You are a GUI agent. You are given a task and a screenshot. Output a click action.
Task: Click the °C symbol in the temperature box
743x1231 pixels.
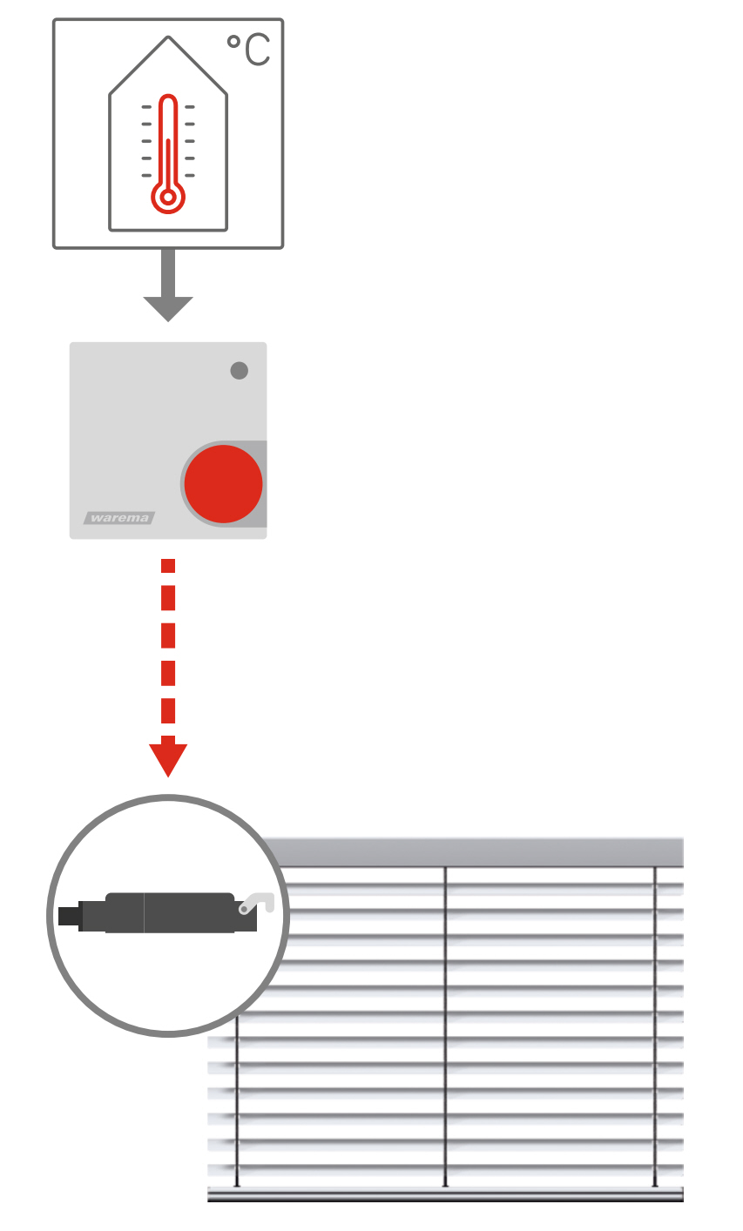pyautogui.click(x=248, y=50)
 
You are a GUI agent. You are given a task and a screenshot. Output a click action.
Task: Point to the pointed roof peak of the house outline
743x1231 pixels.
pyautogui.click(x=168, y=37)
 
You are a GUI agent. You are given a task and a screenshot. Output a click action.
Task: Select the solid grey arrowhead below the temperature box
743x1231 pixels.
pyautogui.click(x=168, y=308)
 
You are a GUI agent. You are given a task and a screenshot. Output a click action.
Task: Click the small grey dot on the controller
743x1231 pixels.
pyautogui.click(x=240, y=370)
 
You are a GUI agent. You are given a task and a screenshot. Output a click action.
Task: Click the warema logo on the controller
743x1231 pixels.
pyautogui.click(x=119, y=518)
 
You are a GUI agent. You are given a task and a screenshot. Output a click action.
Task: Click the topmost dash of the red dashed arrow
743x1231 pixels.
pyautogui.click(x=168, y=566)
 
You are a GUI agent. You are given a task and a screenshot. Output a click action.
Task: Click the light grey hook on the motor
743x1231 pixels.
pyautogui.click(x=257, y=903)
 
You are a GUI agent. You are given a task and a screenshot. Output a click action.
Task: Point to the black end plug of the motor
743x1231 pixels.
pyautogui.click(x=69, y=916)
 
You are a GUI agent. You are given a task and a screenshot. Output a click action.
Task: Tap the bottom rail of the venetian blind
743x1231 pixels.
pyautogui.click(x=445, y=1194)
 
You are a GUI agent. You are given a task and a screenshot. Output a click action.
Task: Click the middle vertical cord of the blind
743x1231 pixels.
pyautogui.click(x=445, y=1026)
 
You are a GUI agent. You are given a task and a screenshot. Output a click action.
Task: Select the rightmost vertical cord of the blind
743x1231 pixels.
pyautogui.click(x=655, y=1026)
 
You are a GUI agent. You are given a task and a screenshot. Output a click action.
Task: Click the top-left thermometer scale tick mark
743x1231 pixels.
pyautogui.click(x=146, y=106)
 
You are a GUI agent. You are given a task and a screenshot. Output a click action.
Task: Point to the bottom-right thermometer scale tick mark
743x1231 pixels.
pyautogui.click(x=190, y=175)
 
